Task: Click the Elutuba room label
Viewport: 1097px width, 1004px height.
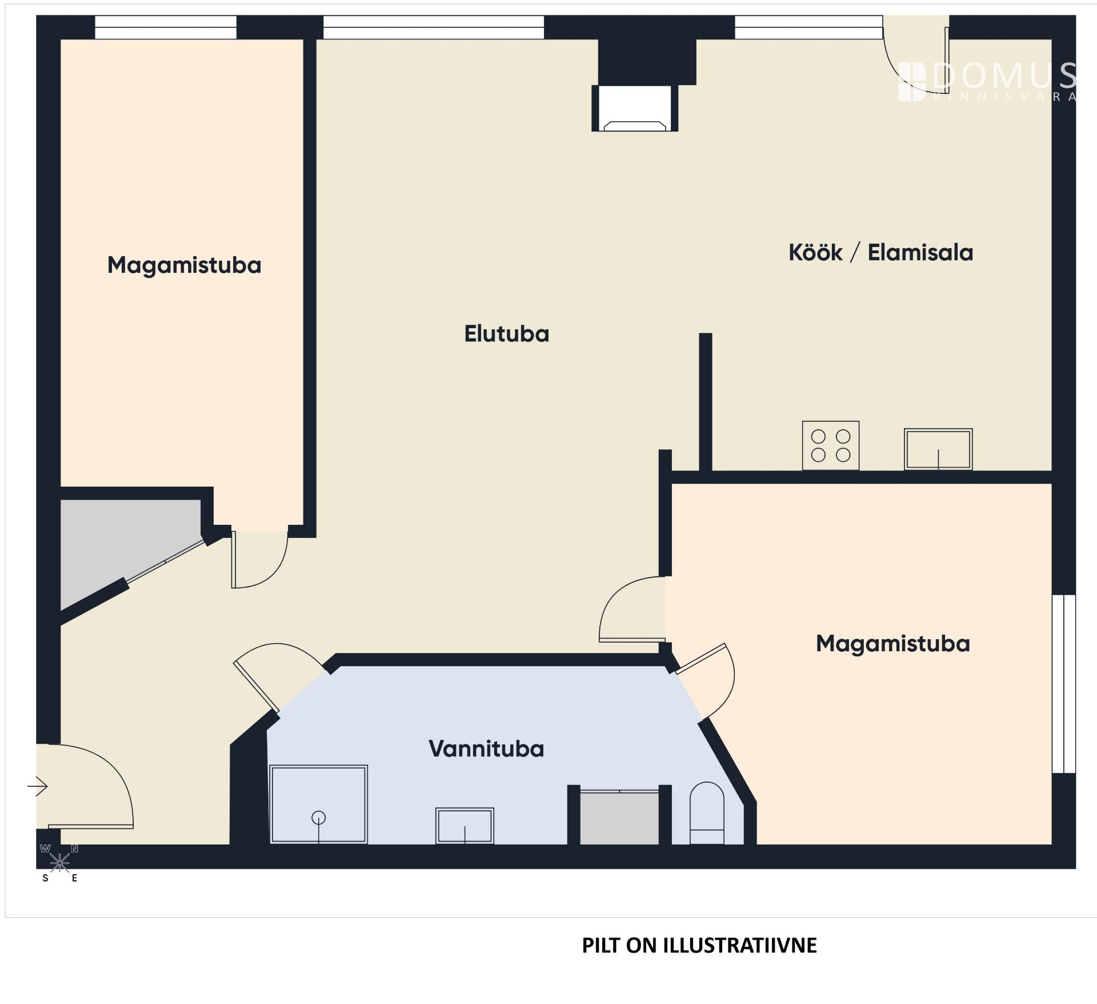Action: coord(506,334)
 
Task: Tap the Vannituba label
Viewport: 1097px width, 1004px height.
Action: coord(486,749)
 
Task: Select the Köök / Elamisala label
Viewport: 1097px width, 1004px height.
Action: coord(880,253)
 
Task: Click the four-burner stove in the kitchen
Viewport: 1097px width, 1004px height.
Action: coord(831,446)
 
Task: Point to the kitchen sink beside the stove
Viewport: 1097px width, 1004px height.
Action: coord(938,449)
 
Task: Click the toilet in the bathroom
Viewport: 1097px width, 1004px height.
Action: coord(707,813)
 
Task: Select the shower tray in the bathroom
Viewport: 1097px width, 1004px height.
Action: coord(318,804)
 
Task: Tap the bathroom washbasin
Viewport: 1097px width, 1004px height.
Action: coord(465,826)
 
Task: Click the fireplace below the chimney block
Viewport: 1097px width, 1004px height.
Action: coord(635,108)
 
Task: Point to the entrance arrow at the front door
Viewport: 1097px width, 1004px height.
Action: coord(37,786)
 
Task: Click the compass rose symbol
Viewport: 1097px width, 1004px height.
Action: coord(59,862)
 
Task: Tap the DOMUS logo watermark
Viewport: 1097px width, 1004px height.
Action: coord(987,81)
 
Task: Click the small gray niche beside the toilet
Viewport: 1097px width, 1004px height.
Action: coord(619,818)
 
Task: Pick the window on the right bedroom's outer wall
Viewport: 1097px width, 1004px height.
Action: coord(1064,684)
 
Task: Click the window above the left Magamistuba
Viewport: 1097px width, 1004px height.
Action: coord(166,27)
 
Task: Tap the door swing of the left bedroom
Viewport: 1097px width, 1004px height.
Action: coord(259,559)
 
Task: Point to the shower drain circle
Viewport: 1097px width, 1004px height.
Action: coord(319,818)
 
